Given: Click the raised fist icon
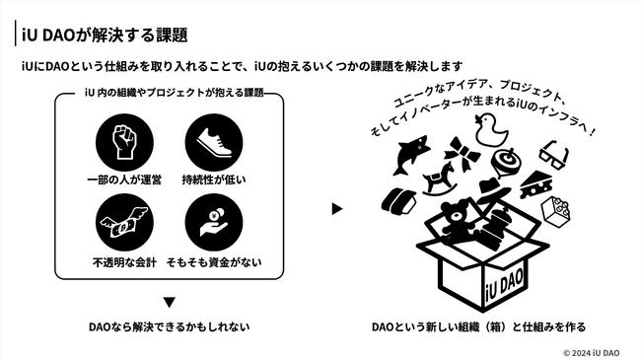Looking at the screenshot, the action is (x=124, y=142).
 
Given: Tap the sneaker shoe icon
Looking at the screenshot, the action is (x=214, y=142).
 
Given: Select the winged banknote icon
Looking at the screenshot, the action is (x=124, y=223).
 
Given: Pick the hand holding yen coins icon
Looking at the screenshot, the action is (x=214, y=223).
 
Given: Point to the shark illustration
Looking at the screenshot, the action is (x=410, y=155).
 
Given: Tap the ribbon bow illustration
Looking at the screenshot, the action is (x=463, y=154).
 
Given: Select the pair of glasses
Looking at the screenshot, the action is (x=553, y=155).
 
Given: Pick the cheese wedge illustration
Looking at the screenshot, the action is (x=536, y=184).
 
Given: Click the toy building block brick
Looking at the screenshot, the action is (x=555, y=211).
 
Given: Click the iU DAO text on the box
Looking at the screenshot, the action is (x=505, y=288).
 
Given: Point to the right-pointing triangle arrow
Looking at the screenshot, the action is (x=337, y=209).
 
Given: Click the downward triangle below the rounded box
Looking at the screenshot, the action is (x=170, y=303).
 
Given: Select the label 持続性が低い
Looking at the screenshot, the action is (x=214, y=180).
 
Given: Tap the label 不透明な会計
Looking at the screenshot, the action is (x=124, y=262).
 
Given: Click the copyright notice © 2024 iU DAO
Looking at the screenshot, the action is (x=591, y=353).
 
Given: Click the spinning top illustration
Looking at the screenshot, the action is (x=507, y=162).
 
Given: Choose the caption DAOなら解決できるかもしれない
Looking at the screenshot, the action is (x=170, y=326).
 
